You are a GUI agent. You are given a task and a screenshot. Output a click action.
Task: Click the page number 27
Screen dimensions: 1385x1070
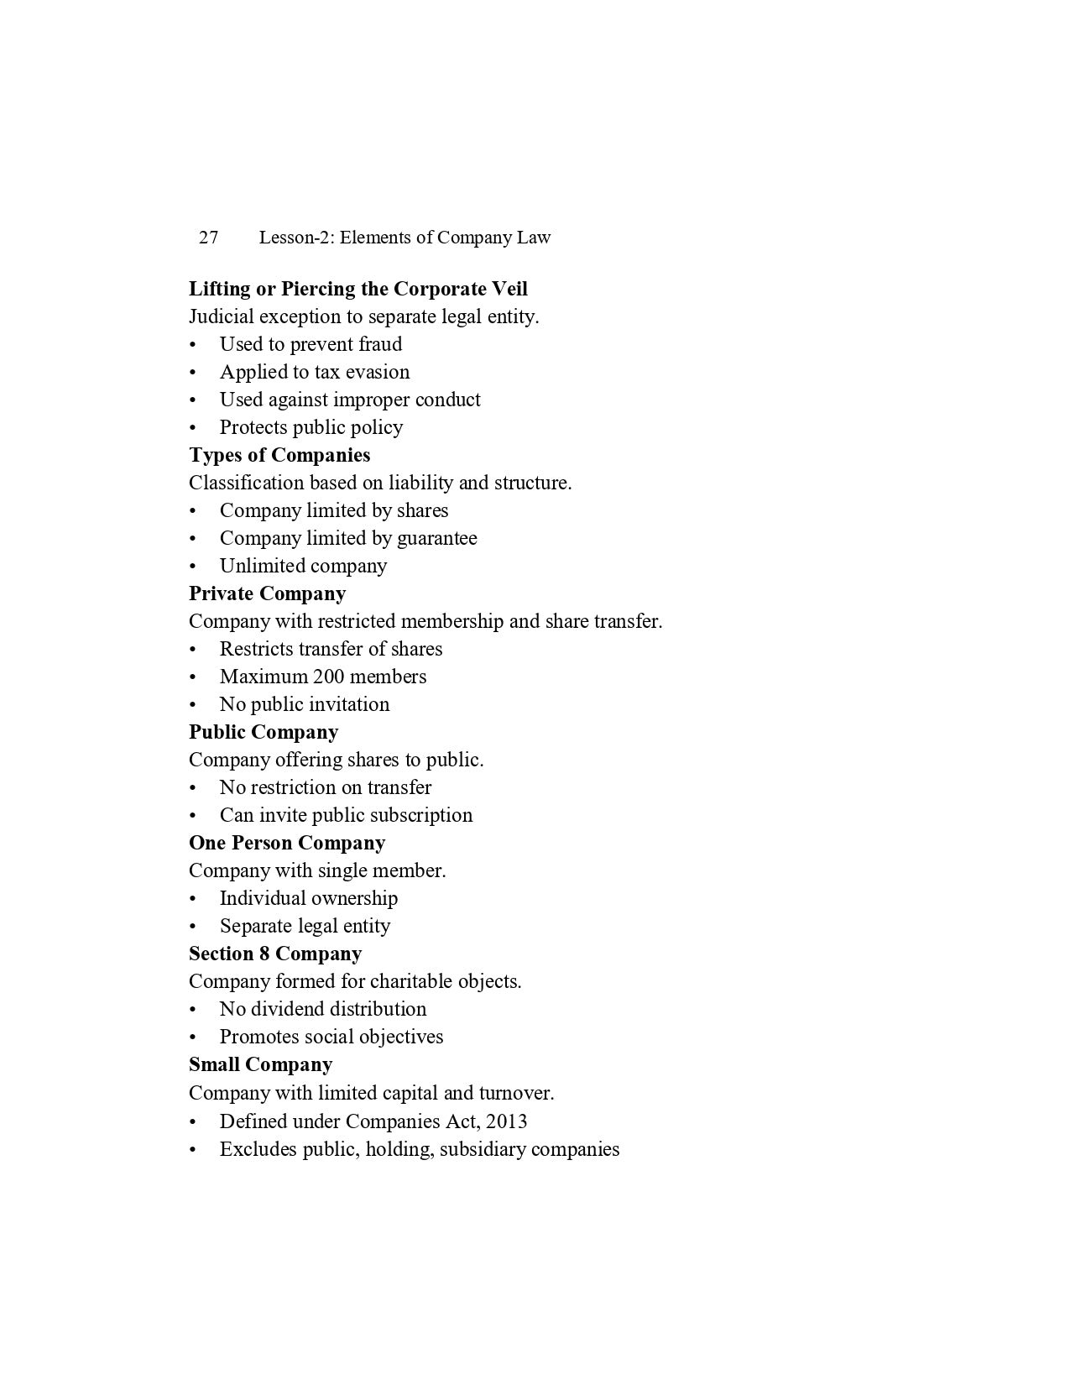208,238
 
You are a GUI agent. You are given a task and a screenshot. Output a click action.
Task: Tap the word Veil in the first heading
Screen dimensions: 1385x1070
509,289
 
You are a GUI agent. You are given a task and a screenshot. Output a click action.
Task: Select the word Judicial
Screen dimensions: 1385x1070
221,316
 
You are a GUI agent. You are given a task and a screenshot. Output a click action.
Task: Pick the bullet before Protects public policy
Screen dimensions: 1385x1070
193,427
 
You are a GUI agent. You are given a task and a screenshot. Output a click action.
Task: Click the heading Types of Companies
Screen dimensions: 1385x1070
279,455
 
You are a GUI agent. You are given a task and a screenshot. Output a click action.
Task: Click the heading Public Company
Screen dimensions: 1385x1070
264,732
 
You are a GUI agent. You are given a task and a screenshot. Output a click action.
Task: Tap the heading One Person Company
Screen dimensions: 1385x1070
287,843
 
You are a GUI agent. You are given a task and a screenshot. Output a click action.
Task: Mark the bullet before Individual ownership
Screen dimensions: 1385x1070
193,898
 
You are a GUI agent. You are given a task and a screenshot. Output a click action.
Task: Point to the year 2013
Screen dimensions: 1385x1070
506,1121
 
